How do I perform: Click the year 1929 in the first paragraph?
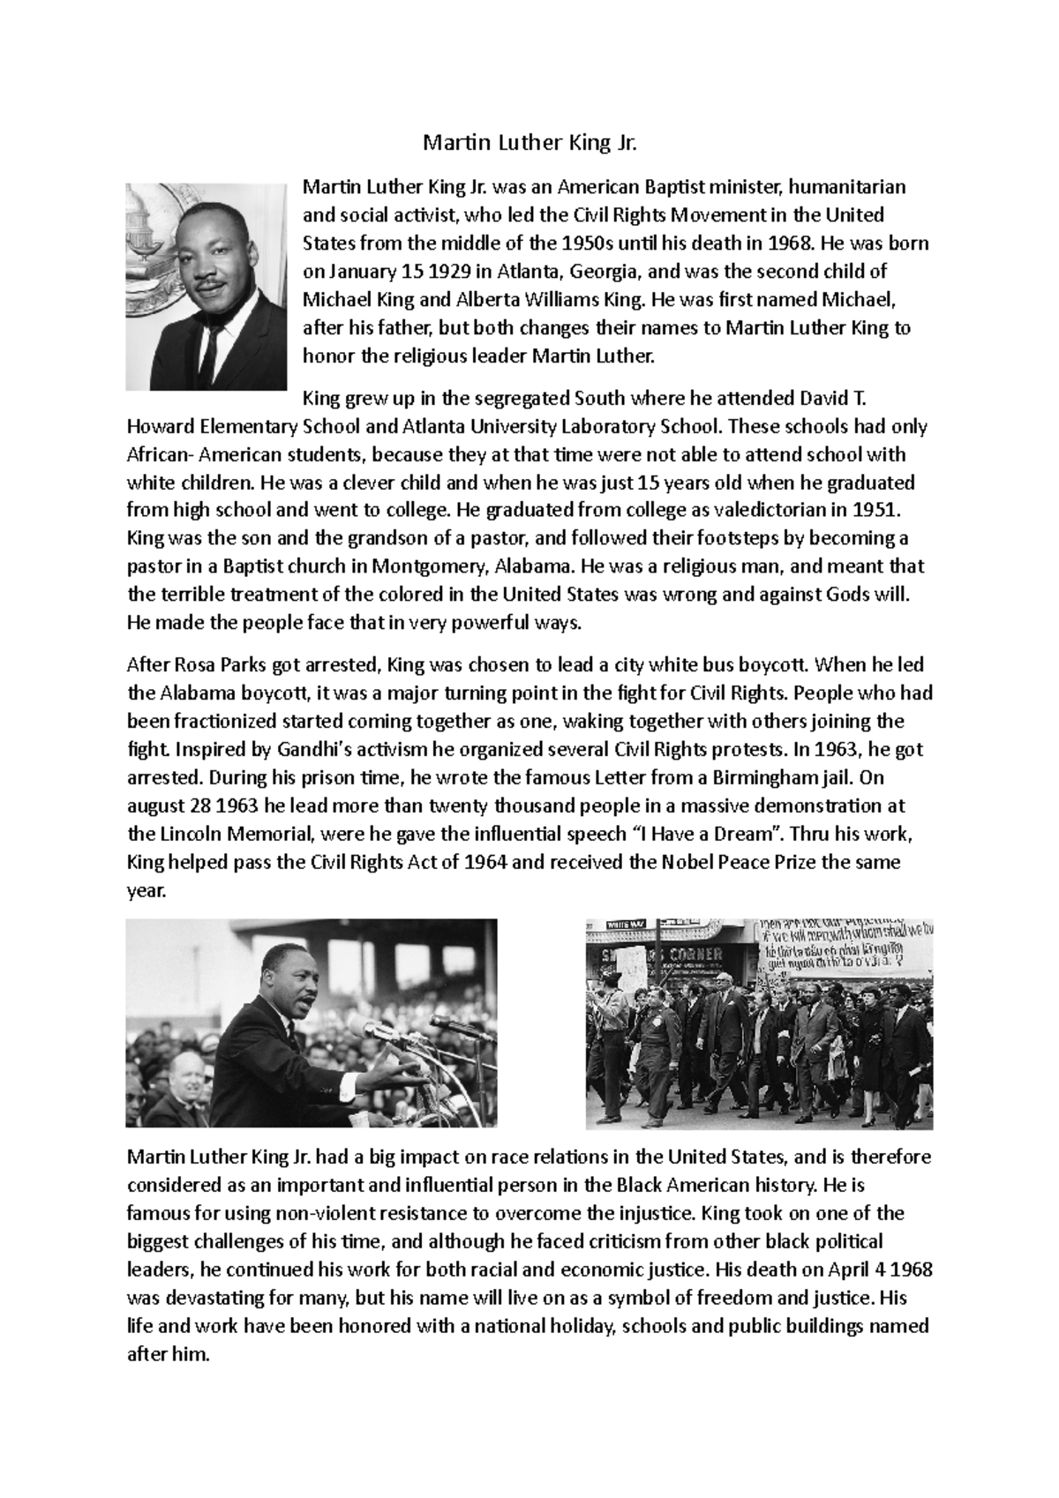coord(437,271)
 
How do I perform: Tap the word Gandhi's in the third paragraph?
coord(312,750)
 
